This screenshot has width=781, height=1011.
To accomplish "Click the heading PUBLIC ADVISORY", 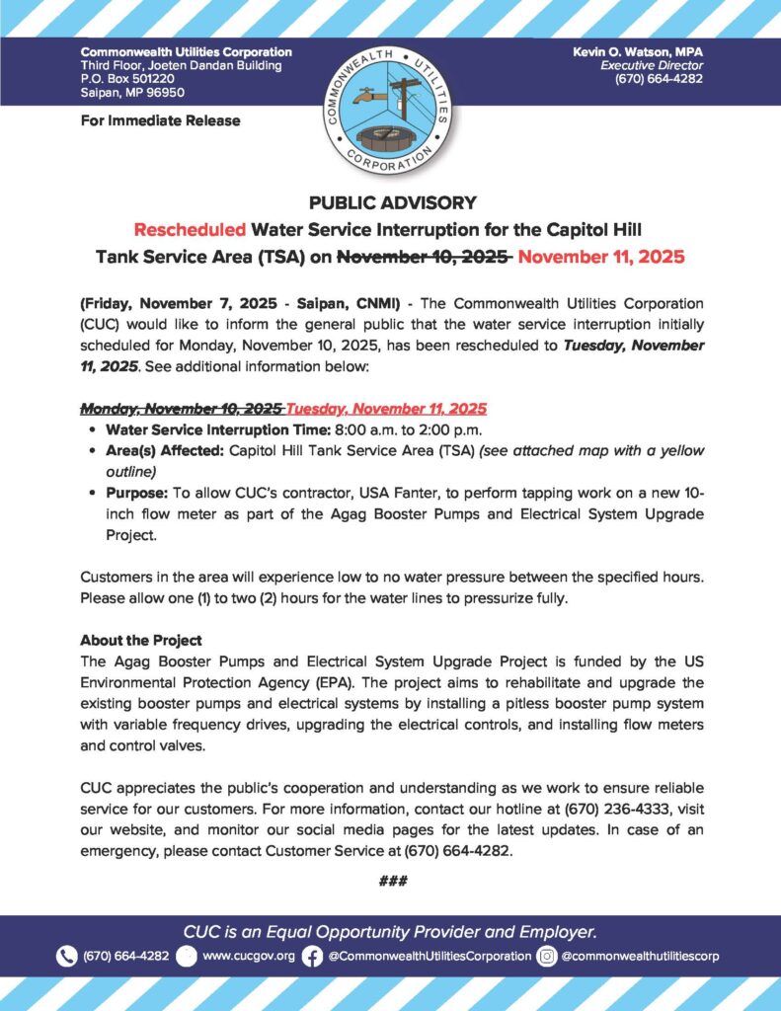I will click(x=392, y=203).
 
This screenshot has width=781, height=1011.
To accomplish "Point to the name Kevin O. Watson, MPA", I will click(x=638, y=51).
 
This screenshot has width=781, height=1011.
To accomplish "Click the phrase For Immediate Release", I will click(x=160, y=120).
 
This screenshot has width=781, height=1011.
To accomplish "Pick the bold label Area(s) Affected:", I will click(x=165, y=450).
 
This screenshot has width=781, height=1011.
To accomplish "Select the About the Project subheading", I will click(x=141, y=639).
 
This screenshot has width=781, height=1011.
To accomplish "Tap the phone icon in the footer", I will click(x=67, y=956).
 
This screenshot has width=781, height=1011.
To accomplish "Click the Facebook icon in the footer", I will click(x=312, y=956).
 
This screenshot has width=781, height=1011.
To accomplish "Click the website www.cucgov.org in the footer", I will click(x=248, y=957).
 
